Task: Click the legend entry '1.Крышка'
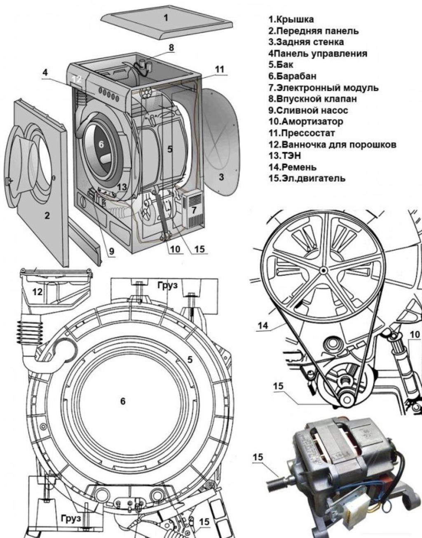[x=291, y=19]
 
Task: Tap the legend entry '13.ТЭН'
[x=285, y=155]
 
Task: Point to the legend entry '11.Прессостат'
[x=301, y=133]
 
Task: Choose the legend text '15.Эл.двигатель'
[x=307, y=178]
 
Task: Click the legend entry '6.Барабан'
[x=292, y=76]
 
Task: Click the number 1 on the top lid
[x=166, y=18]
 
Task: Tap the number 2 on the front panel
[x=47, y=215]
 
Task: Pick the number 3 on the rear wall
[x=221, y=177]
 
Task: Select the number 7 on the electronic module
[x=194, y=209]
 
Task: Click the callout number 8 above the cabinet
[x=171, y=48]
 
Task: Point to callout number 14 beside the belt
[x=263, y=326]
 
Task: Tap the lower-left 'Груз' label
[x=70, y=517]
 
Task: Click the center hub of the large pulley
[x=323, y=270]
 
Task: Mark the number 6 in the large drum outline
[x=122, y=401]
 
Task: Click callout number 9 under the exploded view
[x=111, y=250]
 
